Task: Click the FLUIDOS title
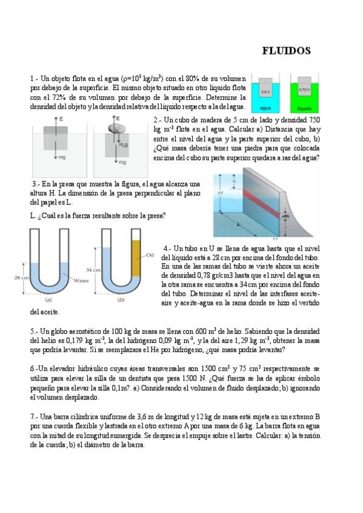point(286,51)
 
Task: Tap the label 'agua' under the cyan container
point(265,108)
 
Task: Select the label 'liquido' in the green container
point(304,108)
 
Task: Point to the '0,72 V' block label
point(304,90)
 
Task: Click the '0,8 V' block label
point(265,93)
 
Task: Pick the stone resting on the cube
point(116,127)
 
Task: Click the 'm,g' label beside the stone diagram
point(123,144)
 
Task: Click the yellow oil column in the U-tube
point(136,258)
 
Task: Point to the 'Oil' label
point(150,255)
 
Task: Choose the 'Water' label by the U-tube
point(81,280)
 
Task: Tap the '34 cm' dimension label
point(93,270)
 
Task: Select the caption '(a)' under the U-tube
point(49,299)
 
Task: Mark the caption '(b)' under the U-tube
point(121,299)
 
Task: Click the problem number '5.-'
point(35,332)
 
